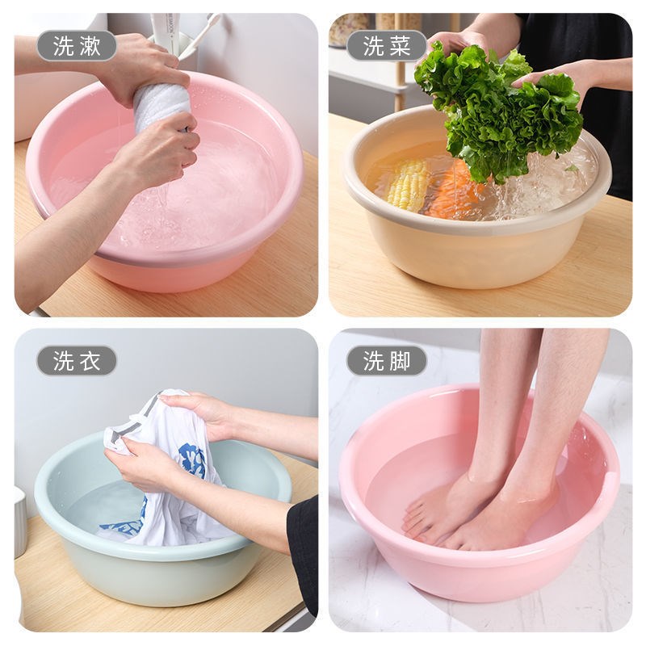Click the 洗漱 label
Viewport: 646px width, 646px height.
(x=77, y=46)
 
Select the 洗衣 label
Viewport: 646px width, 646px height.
(x=77, y=361)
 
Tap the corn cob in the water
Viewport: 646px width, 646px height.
(x=409, y=184)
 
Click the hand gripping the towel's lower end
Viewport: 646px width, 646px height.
(x=161, y=149)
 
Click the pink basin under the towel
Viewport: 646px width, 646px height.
(x=234, y=258)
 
